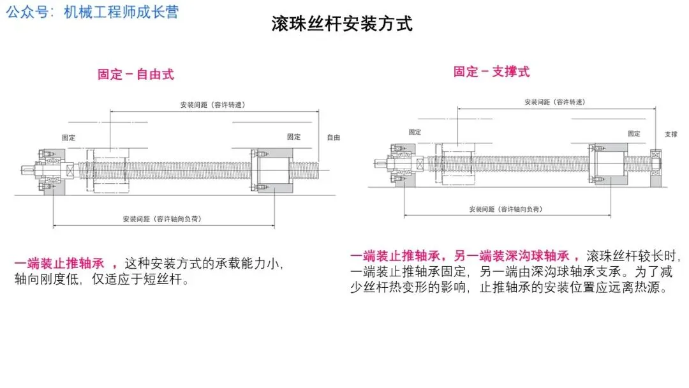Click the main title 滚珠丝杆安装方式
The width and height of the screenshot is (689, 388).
[x=342, y=24]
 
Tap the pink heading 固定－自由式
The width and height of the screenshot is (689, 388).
[x=135, y=75]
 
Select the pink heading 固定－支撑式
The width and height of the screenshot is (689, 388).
[x=491, y=72]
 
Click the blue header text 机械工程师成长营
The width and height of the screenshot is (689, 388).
[x=121, y=13]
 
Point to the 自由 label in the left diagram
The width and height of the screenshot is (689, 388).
[x=333, y=137]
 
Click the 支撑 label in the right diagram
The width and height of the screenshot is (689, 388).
[x=670, y=135]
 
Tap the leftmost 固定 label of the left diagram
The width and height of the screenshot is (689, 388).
[x=68, y=137]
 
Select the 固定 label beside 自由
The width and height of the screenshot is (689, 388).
[x=293, y=137]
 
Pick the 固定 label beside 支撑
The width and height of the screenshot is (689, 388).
[x=633, y=134]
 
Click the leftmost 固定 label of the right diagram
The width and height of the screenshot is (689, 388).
[x=415, y=132]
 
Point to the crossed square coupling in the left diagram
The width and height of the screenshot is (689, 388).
[x=69, y=171]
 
